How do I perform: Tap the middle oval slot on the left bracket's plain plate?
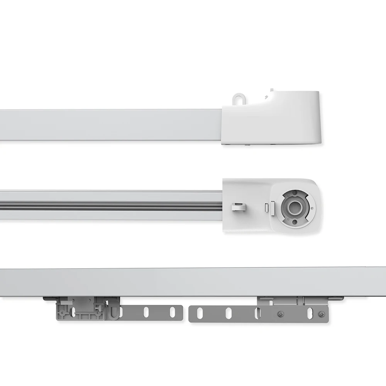146,312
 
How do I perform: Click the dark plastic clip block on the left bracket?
81,309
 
